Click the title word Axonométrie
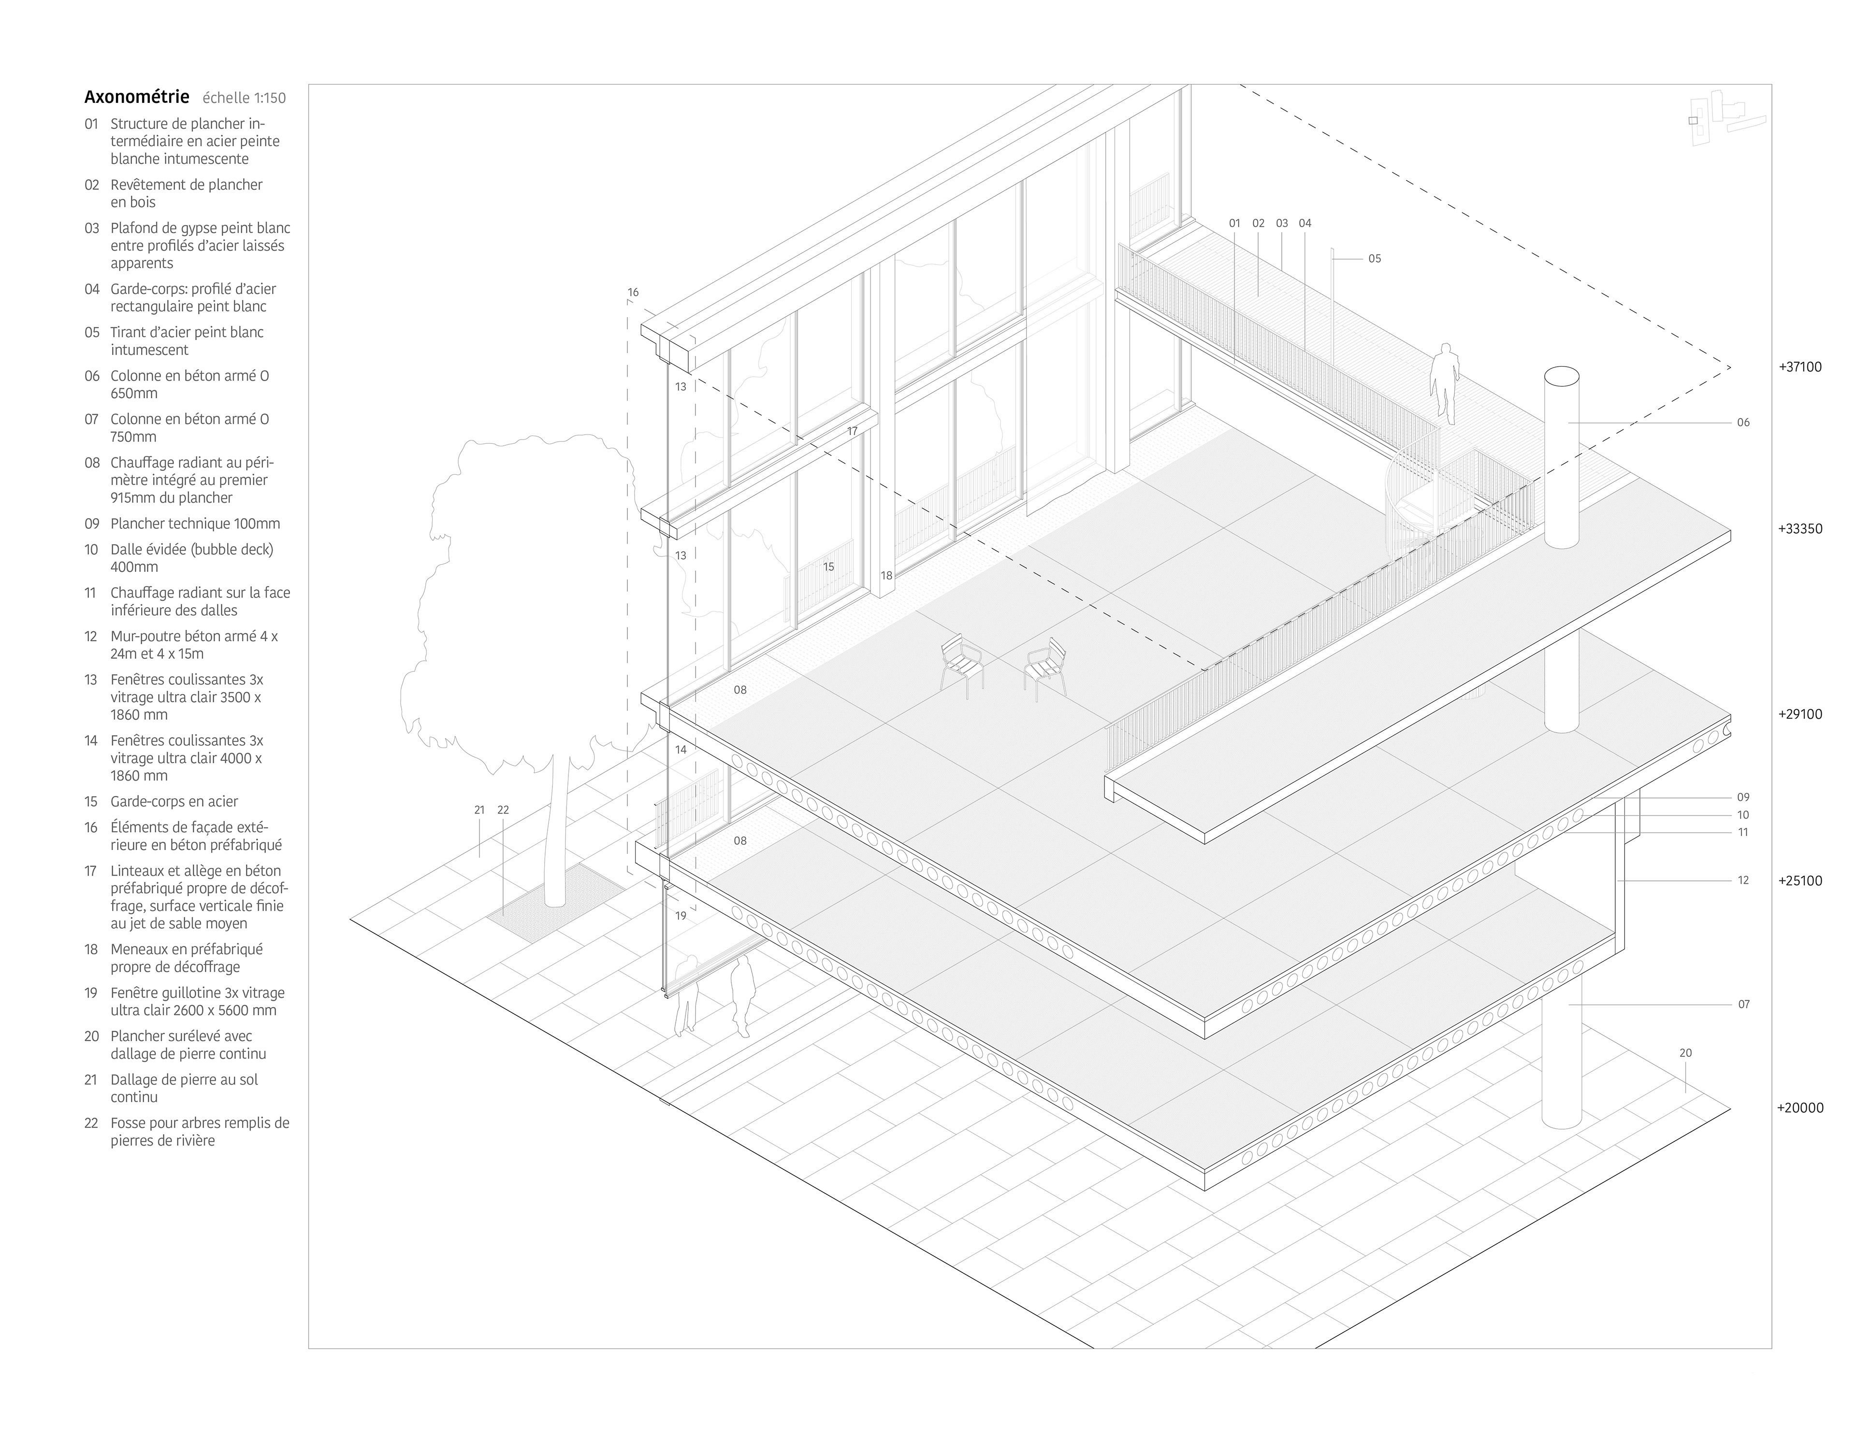(x=136, y=97)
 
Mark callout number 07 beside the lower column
(x=1743, y=1004)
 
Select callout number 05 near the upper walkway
(x=1374, y=259)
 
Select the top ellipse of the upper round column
(x=1561, y=376)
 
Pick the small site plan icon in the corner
(x=1725, y=119)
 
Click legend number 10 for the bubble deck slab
(x=91, y=550)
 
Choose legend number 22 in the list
(x=91, y=1123)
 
